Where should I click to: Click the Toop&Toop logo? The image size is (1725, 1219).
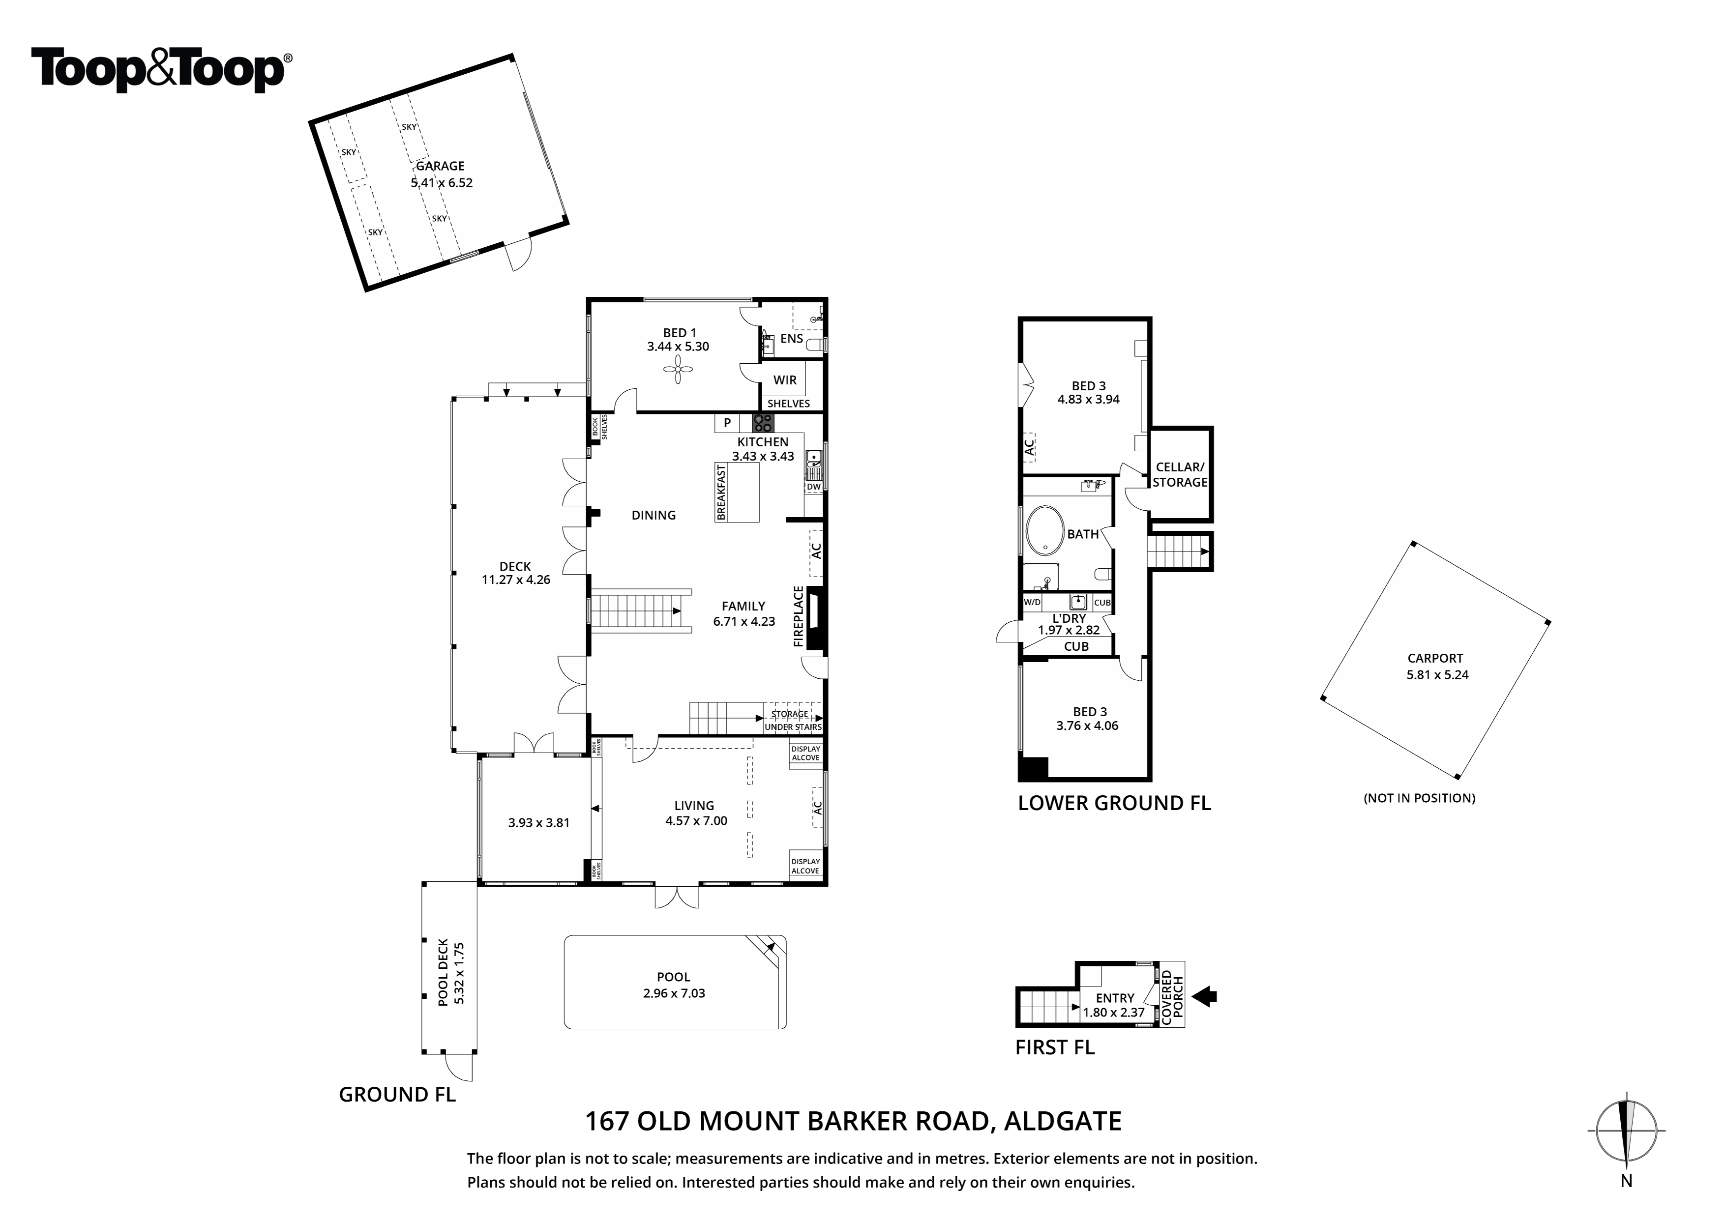(161, 69)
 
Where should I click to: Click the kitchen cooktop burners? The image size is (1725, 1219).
(763, 423)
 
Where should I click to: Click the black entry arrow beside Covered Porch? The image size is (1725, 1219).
(1205, 997)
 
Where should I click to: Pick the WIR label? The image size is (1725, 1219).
(785, 380)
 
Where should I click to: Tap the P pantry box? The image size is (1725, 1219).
(727, 423)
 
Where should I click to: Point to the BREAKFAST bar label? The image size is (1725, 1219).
(721, 492)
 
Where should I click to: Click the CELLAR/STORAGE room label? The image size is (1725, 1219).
(1180, 475)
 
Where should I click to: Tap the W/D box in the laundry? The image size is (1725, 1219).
(1032, 602)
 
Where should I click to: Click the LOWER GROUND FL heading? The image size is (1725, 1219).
(1114, 803)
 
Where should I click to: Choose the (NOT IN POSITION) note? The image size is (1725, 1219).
(1419, 798)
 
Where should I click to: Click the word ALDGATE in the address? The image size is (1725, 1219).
(1063, 1121)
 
